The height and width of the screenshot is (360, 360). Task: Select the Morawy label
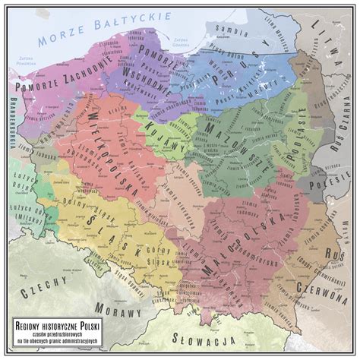click(x=118, y=311)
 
